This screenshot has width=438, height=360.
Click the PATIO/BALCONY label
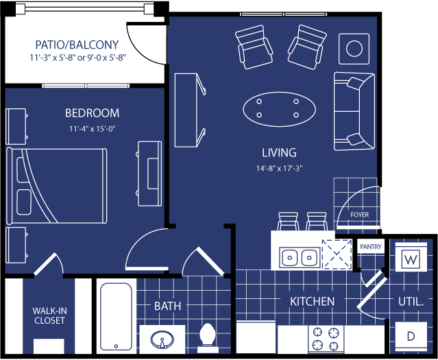pyautogui.click(x=77, y=45)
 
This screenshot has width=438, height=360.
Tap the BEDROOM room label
pyautogui.click(x=92, y=113)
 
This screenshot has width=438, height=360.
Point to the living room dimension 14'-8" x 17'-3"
pyautogui.click(x=280, y=168)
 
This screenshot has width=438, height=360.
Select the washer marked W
pyautogui.click(x=411, y=257)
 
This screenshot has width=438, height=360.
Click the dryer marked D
pyautogui.click(x=411, y=336)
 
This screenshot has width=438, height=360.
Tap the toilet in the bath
pyautogui.click(x=208, y=337)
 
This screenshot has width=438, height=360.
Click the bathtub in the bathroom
pyautogui.click(x=117, y=316)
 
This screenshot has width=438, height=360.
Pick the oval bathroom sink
pyautogui.click(x=162, y=339)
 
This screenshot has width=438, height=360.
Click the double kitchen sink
pyautogui.click(x=300, y=257)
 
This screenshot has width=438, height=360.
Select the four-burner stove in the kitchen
pyautogui.click(x=326, y=339)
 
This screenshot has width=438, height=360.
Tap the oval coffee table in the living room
pyautogui.click(x=280, y=109)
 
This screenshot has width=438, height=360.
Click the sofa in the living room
pyautogui.click(x=354, y=111)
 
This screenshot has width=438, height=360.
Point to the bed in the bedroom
pyautogui.click(x=56, y=186)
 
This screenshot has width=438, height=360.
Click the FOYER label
pyautogui.click(x=359, y=215)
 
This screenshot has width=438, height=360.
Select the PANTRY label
pyautogui.click(x=371, y=247)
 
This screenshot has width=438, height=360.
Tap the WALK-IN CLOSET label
pyautogui.click(x=49, y=315)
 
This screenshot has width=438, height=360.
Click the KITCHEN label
pyautogui.click(x=312, y=301)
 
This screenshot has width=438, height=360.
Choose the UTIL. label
pyautogui.click(x=411, y=302)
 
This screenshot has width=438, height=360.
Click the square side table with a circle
pyautogui.click(x=354, y=49)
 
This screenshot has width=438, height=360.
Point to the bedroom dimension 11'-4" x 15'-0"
pyautogui.click(x=93, y=129)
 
